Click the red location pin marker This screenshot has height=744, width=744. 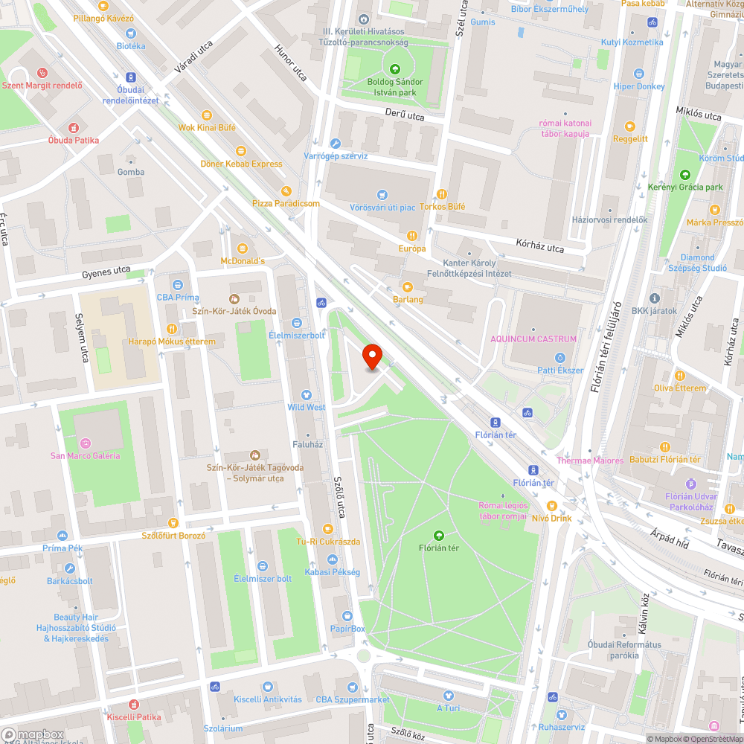(372, 357)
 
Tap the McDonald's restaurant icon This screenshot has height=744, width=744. (243, 248)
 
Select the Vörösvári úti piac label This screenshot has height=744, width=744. (382, 206)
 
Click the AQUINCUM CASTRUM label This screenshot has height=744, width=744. (533, 339)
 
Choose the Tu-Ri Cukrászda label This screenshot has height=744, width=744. (328, 541)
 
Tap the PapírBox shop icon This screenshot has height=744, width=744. (347, 616)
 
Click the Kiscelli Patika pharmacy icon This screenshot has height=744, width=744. (134, 704)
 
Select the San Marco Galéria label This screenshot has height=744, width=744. (85, 455)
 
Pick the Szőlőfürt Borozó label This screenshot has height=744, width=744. (173, 535)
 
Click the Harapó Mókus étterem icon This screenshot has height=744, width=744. (172, 328)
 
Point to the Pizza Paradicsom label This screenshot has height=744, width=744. (286, 203)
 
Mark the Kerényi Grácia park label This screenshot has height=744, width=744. (685, 187)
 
